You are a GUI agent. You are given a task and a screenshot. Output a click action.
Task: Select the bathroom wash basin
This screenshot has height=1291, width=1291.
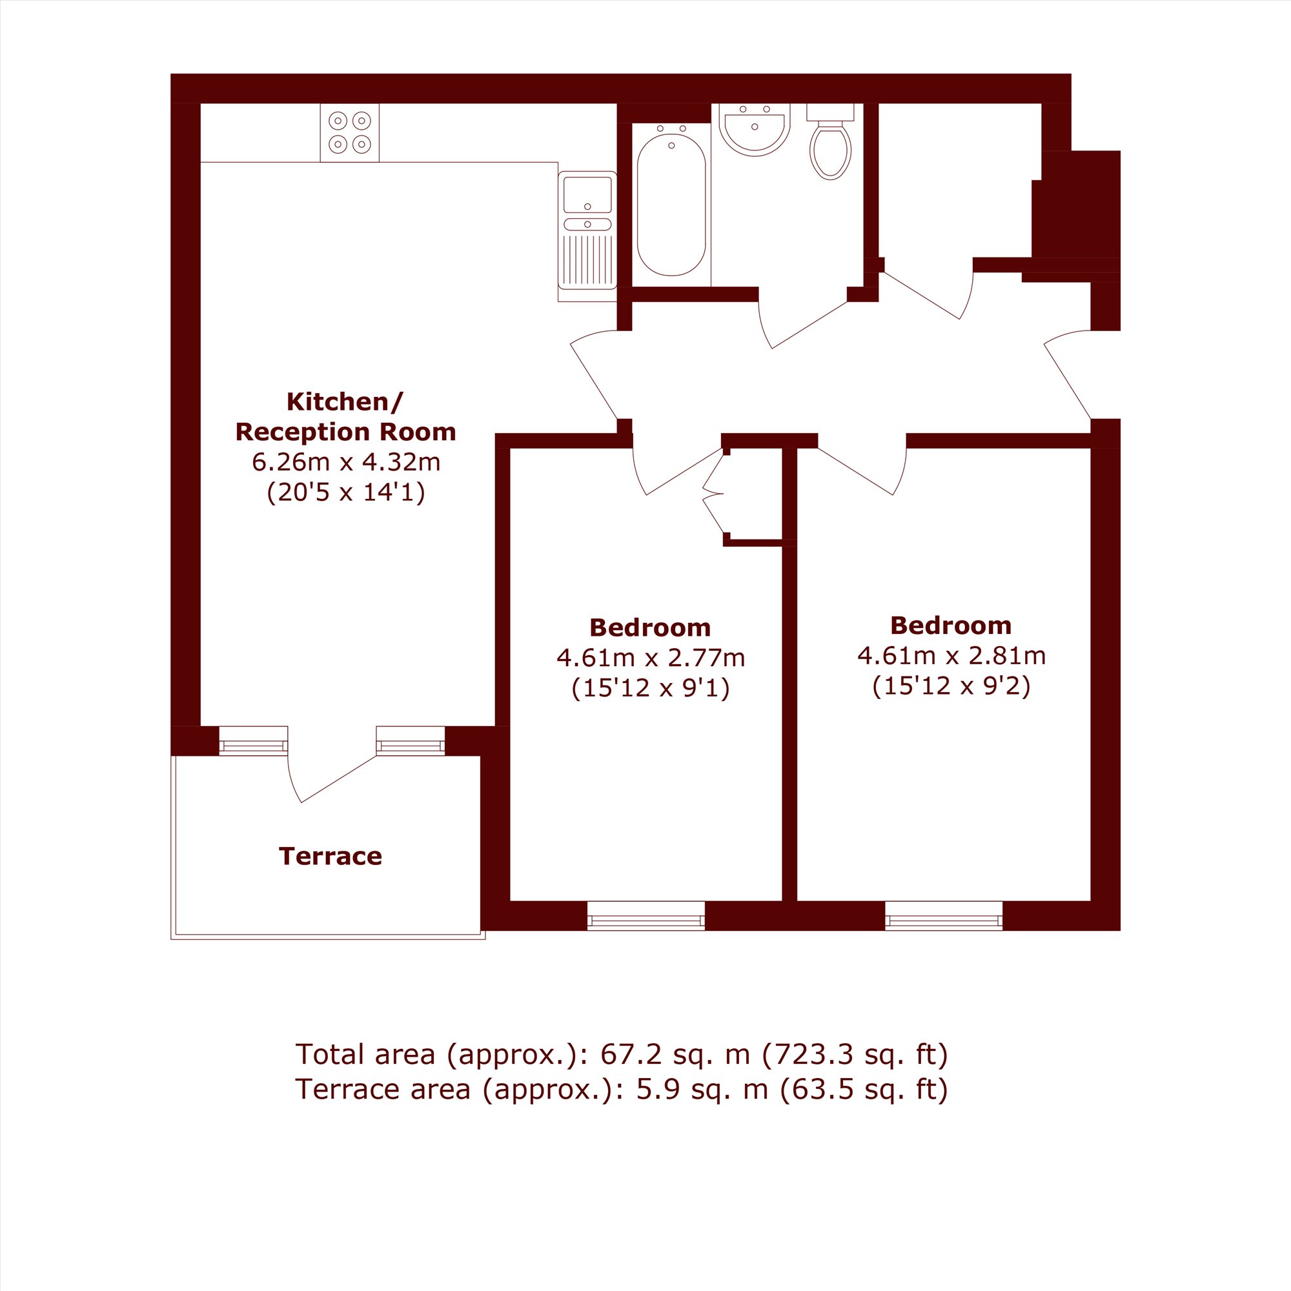point(755,129)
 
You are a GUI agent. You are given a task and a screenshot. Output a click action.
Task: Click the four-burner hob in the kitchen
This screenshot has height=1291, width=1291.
point(349,132)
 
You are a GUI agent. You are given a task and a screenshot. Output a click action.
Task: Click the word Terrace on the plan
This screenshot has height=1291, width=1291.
point(330,856)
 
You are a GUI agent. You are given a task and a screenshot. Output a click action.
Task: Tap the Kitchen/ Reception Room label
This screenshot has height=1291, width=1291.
point(345,416)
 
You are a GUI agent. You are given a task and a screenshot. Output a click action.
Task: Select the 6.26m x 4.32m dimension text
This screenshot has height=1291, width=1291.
point(345,462)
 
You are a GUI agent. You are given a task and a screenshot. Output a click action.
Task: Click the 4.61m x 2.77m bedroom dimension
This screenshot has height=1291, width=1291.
point(650,658)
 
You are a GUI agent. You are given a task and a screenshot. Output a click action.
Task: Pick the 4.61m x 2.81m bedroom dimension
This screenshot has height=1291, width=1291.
point(951,656)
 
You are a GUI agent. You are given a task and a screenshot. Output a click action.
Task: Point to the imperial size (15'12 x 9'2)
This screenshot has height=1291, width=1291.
point(951,686)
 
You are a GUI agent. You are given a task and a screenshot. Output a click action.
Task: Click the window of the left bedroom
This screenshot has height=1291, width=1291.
point(645,915)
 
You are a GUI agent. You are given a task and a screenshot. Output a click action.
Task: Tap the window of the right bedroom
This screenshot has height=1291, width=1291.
point(944,915)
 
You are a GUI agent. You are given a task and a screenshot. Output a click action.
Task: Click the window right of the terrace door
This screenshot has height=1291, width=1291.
point(411,740)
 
